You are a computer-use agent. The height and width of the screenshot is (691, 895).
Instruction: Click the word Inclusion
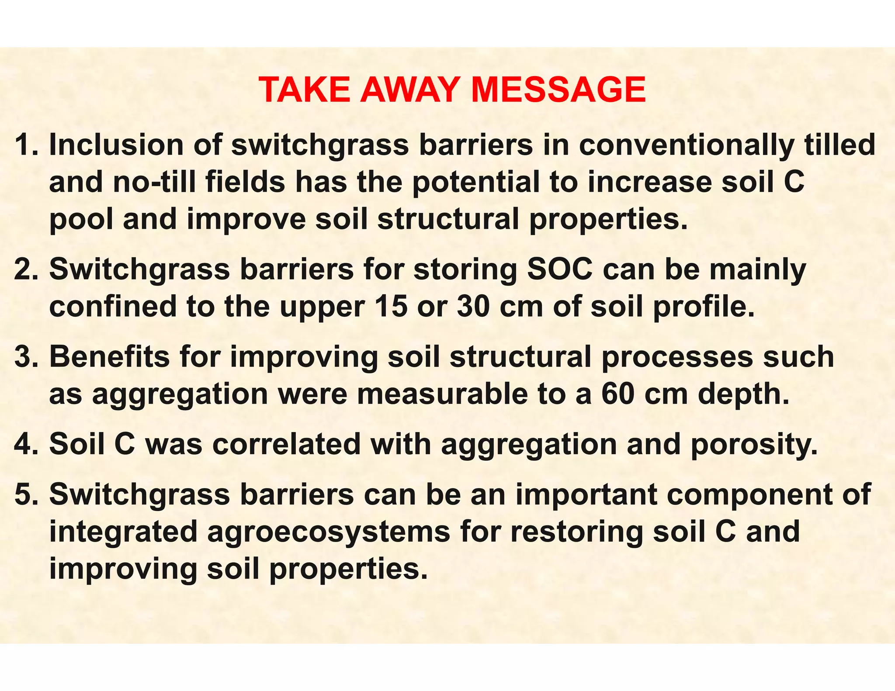click(x=116, y=145)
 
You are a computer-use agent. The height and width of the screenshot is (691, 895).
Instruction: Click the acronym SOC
click(x=560, y=269)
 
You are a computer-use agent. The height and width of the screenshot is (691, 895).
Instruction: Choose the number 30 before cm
click(x=473, y=307)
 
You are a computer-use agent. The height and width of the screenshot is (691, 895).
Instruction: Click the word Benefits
click(x=109, y=357)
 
